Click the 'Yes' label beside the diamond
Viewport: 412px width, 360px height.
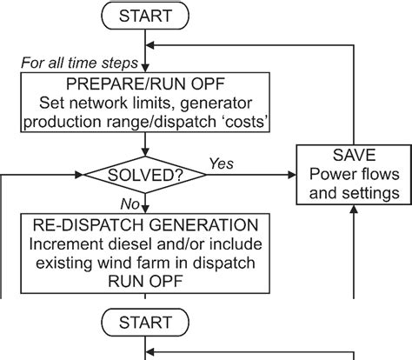[x=222, y=163]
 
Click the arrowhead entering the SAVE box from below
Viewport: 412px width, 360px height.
[x=353, y=210]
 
